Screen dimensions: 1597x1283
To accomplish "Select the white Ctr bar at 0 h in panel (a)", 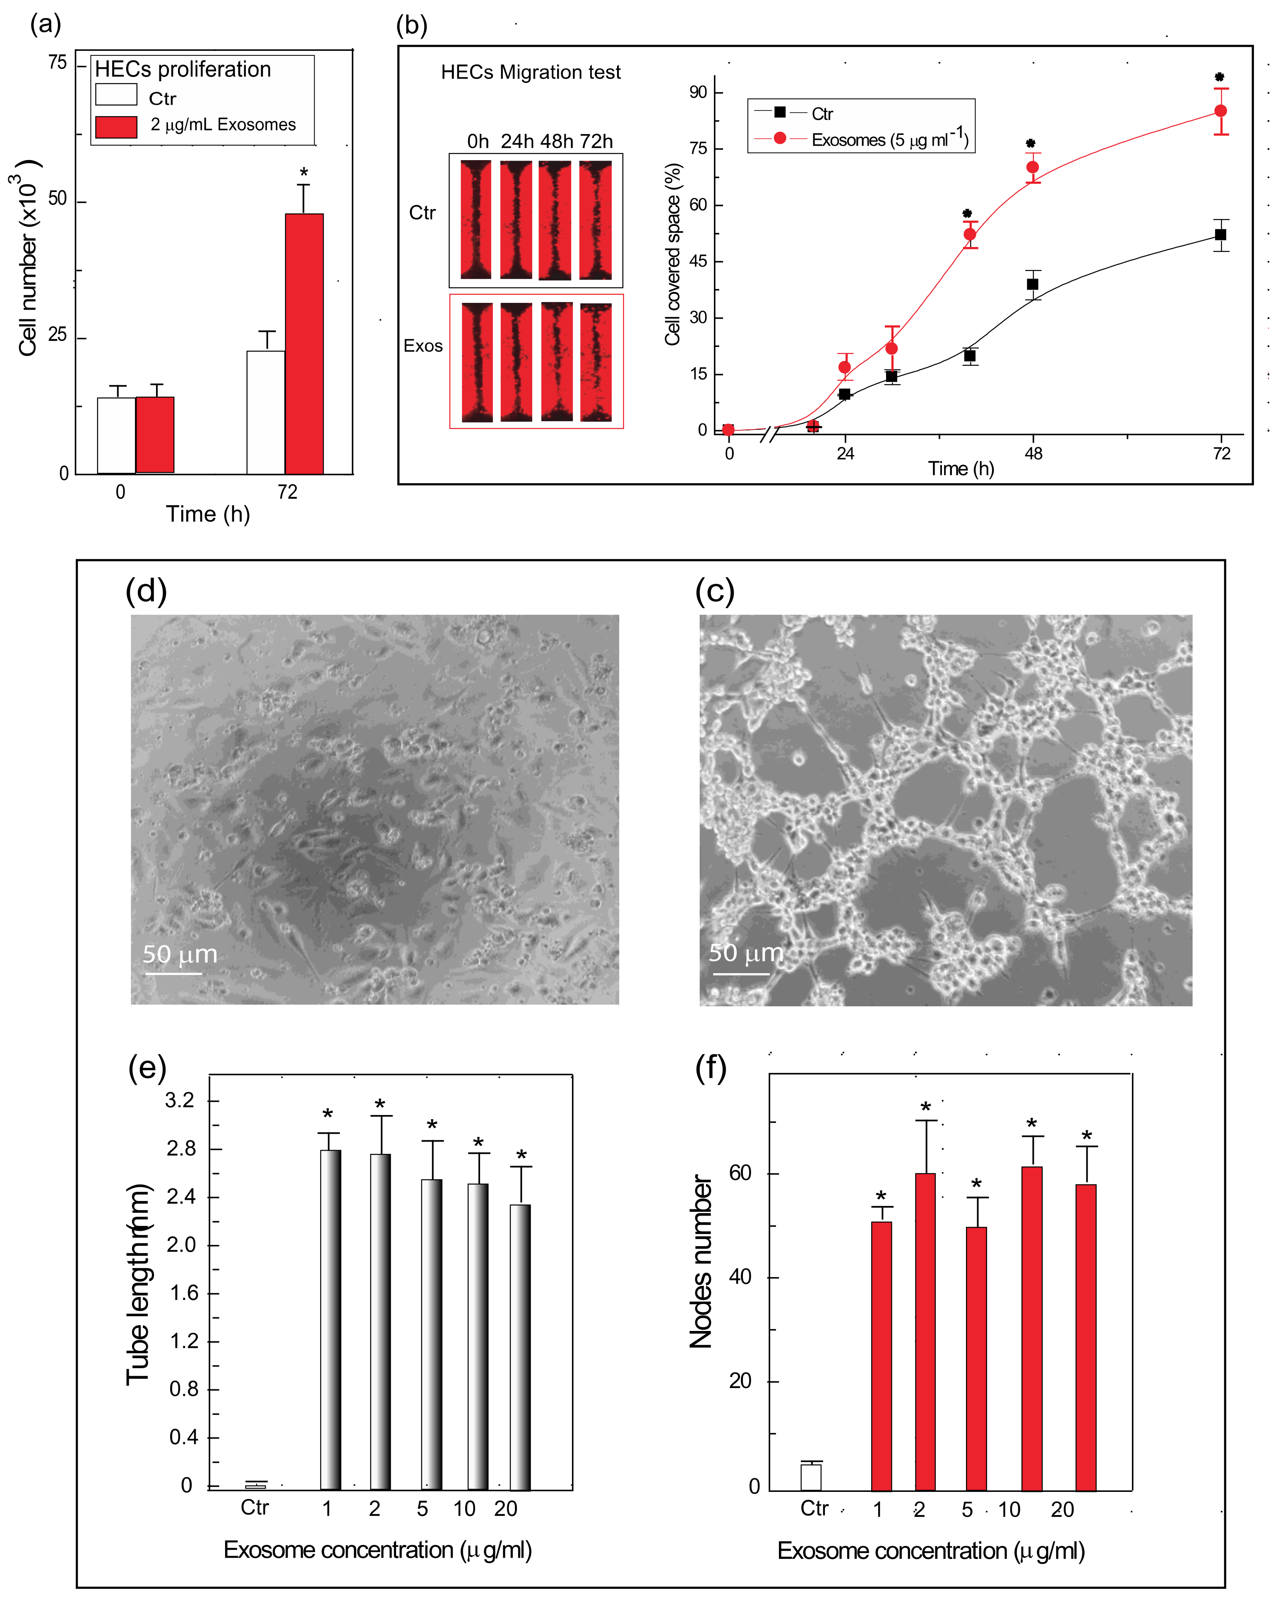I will point(116,436).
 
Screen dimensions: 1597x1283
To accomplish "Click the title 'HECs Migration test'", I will point(531,72).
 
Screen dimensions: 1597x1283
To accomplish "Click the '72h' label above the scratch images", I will point(596,141).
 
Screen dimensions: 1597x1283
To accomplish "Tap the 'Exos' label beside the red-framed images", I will point(423,346).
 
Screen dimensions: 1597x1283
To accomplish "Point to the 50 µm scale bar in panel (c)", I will point(741,973).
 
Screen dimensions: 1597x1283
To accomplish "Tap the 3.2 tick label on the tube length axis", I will point(180,1100).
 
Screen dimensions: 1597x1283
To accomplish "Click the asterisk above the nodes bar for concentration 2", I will point(925,1108).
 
